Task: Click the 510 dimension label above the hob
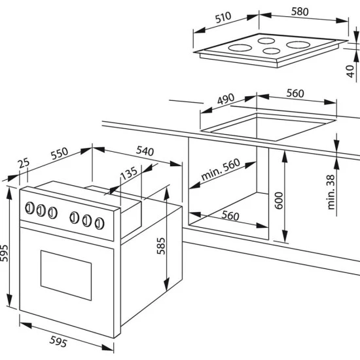pos(223,18)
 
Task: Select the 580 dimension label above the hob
pos(300,12)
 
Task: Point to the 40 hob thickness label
pos(350,71)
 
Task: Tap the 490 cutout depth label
pos(226,99)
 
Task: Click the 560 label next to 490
pos(295,93)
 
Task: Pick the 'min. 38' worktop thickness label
pos(331,192)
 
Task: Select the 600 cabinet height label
pos(279,200)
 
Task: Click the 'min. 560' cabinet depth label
pos(221,170)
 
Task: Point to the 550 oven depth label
pos(60,153)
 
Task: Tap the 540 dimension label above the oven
pos(145,151)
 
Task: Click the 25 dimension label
pos(24,163)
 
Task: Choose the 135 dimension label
pos(129,173)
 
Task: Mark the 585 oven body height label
pos(161,246)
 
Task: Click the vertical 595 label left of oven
pos(4,253)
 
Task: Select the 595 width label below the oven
pos(58,341)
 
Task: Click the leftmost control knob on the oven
pos(29,208)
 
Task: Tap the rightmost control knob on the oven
pos(99,223)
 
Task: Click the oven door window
pos(66,276)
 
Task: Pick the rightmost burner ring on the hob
pos(298,45)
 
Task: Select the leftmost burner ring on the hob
pos(240,48)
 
